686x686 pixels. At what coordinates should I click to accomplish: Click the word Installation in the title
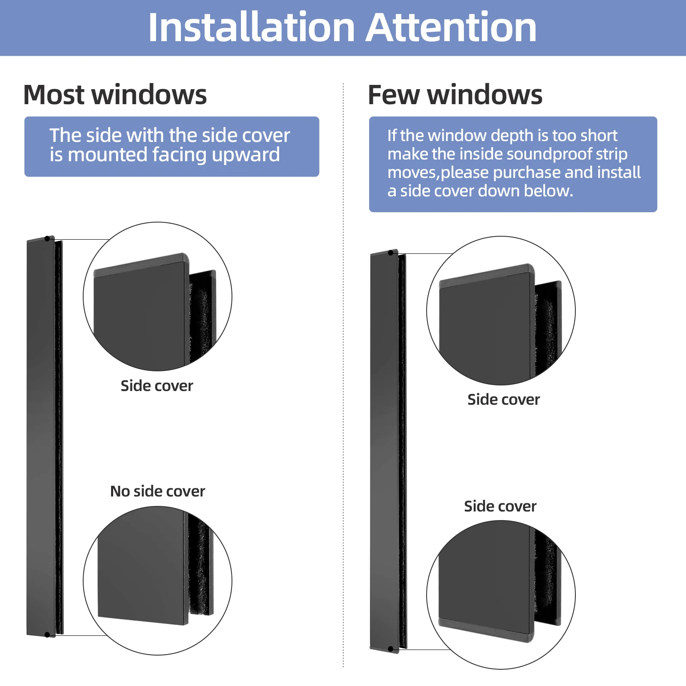click(251, 28)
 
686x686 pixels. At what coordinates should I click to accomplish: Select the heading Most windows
click(115, 95)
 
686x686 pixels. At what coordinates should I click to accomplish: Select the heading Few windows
click(455, 95)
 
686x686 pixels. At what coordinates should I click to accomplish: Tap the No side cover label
click(157, 491)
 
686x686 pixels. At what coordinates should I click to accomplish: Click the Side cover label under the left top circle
click(156, 386)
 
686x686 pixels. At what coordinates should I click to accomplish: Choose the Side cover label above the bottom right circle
click(500, 506)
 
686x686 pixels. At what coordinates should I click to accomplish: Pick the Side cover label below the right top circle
click(503, 400)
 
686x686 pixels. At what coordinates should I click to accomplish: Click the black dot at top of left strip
click(47, 238)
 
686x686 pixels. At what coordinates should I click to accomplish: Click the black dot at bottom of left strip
click(47, 635)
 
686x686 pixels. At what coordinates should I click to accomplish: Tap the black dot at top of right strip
click(391, 253)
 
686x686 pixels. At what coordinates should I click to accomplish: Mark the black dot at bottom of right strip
click(391, 649)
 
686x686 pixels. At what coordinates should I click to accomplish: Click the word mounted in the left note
click(108, 155)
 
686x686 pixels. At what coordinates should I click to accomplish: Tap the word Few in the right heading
click(394, 95)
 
